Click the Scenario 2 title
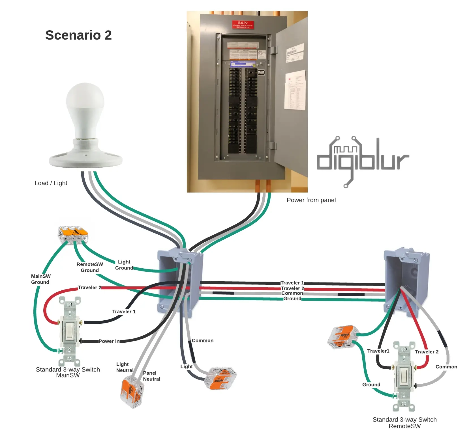[78, 35]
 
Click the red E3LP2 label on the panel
[243, 24]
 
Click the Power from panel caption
[311, 200]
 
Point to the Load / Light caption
[51, 183]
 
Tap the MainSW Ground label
[40, 279]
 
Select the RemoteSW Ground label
[90, 267]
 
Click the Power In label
[109, 341]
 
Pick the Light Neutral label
[124, 367]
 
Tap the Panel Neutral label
[151, 376]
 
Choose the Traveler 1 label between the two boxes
[292, 283]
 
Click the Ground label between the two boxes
[292, 299]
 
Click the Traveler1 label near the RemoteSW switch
[378, 351]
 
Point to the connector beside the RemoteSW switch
[343, 336]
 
